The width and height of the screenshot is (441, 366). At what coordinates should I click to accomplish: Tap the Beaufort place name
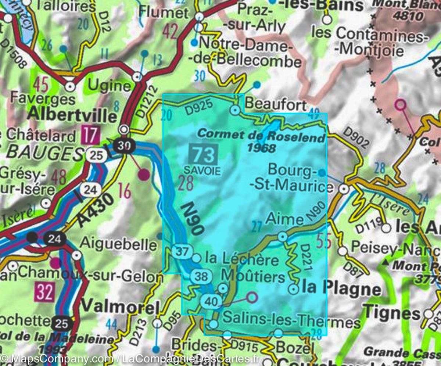pyautogui.click(x=275, y=104)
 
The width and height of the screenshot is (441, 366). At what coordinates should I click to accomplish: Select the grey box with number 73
pyautogui.click(x=204, y=154)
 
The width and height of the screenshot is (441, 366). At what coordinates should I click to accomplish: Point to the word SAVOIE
pyautogui.click(x=202, y=171)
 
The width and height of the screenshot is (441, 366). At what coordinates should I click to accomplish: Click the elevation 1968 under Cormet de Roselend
pyautogui.click(x=262, y=148)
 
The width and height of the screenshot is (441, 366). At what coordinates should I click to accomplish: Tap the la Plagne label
pyautogui.click(x=341, y=288)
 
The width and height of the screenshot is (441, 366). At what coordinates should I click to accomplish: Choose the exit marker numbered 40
pyautogui.click(x=210, y=302)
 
